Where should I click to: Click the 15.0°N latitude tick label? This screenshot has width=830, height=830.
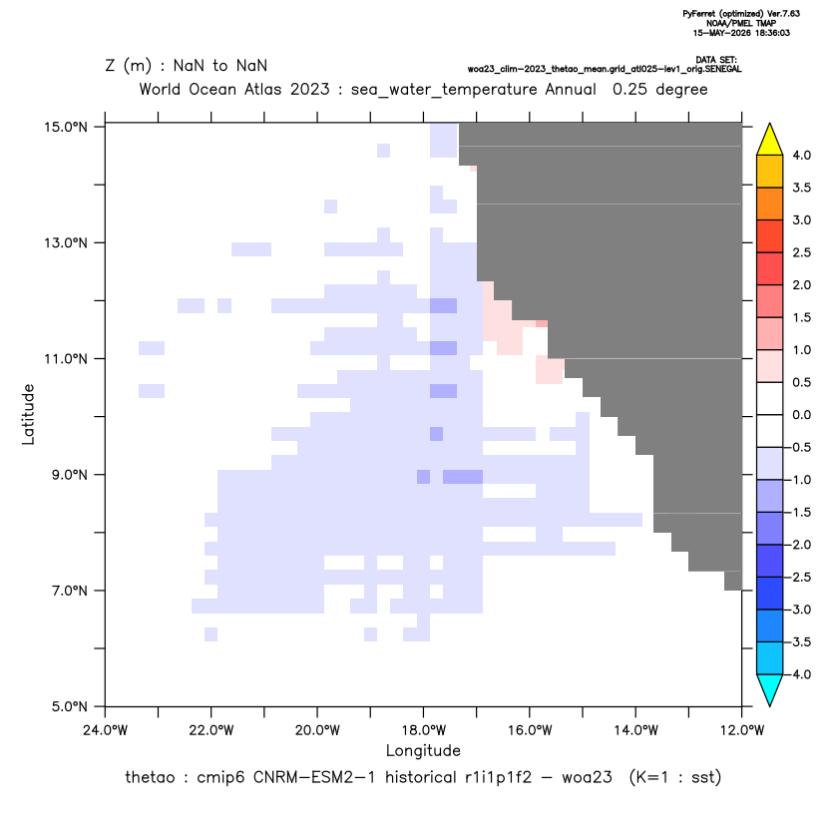[66, 127]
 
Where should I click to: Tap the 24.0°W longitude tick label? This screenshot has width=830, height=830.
[106, 730]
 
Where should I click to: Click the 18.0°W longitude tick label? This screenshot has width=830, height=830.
[423, 730]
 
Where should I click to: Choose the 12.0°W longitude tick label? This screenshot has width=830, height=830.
[741, 730]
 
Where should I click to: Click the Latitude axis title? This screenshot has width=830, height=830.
[28, 414]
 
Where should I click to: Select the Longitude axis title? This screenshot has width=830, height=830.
[423, 750]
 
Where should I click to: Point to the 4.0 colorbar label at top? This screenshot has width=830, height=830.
[801, 155]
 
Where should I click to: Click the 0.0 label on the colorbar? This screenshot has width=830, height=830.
[801, 415]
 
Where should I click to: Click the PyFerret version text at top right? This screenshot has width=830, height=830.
[741, 14]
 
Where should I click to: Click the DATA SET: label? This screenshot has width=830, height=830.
[716, 60]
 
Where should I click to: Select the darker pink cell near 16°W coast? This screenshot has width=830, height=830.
[542, 323]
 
